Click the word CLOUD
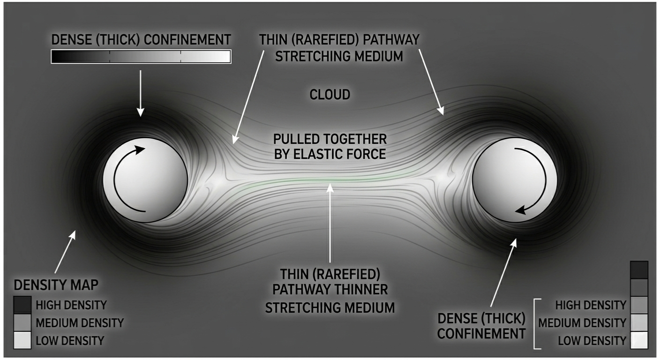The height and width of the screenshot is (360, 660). (x=330, y=95)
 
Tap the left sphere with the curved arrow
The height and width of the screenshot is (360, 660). (x=145, y=180)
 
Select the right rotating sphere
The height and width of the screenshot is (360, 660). (x=514, y=181)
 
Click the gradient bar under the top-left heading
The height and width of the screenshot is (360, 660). (x=140, y=57)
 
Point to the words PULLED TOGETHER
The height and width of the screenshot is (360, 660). (x=330, y=139)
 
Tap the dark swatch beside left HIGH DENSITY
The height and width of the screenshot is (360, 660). (x=23, y=305)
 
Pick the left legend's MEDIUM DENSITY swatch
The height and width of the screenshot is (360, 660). (x=23, y=322)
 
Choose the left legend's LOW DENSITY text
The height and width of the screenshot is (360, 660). (x=70, y=340)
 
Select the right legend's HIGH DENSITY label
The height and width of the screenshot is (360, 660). (x=590, y=305)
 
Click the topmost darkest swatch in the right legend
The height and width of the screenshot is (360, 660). (x=639, y=270)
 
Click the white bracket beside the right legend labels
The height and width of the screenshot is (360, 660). (x=536, y=323)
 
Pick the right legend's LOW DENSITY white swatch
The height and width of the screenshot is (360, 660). (x=639, y=340)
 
